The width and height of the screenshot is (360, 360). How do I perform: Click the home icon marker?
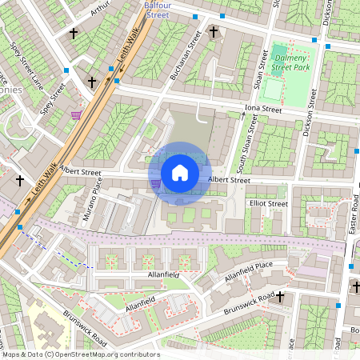click(180, 173)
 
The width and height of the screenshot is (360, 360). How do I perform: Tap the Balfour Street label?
click(157, 10)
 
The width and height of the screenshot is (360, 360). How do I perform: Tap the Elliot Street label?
click(268, 204)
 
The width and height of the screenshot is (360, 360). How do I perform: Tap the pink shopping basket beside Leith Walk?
click(76, 115)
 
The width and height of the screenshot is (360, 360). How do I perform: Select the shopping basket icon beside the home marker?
click(155, 183)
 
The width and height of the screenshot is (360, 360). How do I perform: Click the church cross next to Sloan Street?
click(213, 32)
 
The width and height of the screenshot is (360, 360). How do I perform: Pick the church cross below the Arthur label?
click(74, 34)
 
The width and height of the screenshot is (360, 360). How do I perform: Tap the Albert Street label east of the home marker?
click(230, 181)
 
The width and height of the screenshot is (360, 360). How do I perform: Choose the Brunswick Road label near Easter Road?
click(254, 302)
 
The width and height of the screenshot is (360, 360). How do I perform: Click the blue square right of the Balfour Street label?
click(195, 15)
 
